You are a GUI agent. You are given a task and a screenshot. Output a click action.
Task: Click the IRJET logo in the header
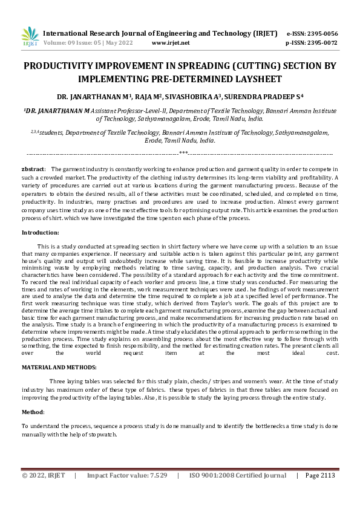pos(30,37)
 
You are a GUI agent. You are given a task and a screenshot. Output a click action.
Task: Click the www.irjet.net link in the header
pos(171,43)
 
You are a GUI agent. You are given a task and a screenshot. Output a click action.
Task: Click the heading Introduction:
pos(41,233)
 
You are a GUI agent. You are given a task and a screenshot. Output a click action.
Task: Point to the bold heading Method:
pos(33,412)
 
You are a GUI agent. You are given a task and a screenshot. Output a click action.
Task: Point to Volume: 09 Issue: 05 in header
pos(72,43)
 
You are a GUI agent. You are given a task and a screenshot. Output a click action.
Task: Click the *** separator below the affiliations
pos(183,154)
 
